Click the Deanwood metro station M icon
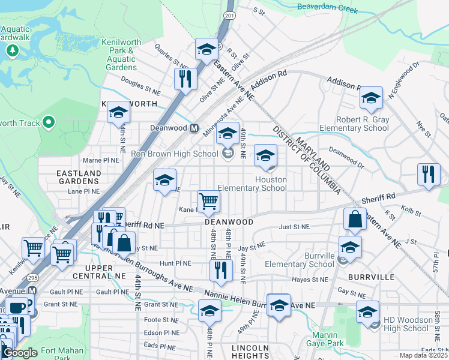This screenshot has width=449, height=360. click(x=194, y=128)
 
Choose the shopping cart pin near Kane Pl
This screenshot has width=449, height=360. click(x=208, y=202)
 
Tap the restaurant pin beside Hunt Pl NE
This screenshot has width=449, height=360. click(x=221, y=269)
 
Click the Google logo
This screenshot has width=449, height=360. click(x=20, y=352)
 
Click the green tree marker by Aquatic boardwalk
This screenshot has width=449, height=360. click(x=11, y=51)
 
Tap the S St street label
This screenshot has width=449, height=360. click(x=259, y=10)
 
